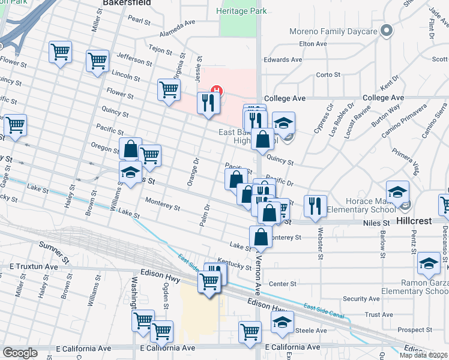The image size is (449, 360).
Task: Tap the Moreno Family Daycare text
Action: pos(341,31)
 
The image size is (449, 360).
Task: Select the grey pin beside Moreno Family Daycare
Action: pos(388,29)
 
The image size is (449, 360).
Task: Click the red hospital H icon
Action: pos(218,91)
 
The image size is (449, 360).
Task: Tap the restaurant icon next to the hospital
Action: pos(208,102)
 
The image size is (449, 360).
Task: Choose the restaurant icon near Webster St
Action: pos(315,205)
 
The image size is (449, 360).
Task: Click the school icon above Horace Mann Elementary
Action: pos(396,192)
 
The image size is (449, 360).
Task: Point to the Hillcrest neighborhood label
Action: pos(414,221)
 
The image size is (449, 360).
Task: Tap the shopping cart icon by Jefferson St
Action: pos(97,61)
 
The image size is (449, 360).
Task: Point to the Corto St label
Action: pos(328,75)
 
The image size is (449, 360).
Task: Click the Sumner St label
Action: pos(54,246)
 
